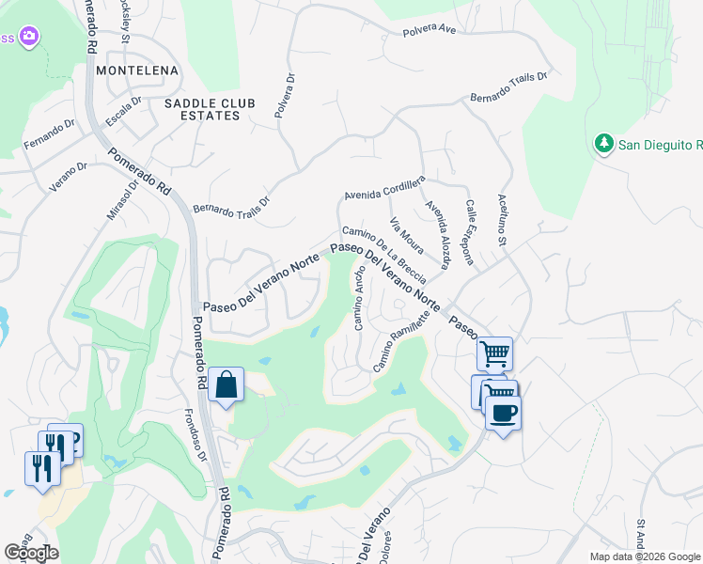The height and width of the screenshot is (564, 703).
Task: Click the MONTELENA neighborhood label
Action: tap(137, 70)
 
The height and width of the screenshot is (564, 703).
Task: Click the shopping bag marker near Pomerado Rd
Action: tap(226, 385)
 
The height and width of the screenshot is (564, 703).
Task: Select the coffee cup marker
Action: tap(504, 412)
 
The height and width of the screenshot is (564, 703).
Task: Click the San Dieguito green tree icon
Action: tap(603, 144)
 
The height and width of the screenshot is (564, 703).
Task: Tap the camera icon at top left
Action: tap(29, 37)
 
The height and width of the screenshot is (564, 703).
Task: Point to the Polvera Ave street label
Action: tap(429, 30)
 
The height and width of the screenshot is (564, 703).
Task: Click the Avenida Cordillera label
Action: tap(384, 186)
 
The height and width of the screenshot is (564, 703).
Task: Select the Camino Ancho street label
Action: tap(359, 297)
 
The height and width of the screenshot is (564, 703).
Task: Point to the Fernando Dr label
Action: tap(49, 134)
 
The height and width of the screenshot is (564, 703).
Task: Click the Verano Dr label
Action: tap(69, 176)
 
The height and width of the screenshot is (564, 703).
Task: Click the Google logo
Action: tap(31, 553)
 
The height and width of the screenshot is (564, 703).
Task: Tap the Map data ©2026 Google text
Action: tap(644, 556)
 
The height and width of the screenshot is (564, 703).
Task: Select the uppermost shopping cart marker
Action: tap(494, 354)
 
